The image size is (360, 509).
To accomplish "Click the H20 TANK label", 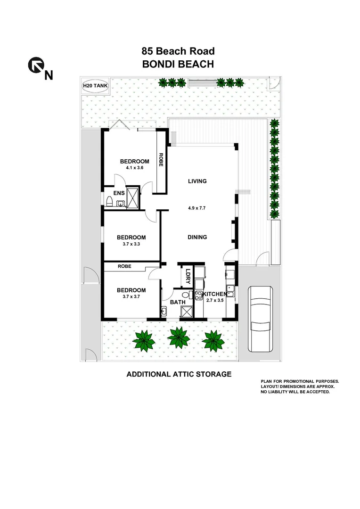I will coord(96,86).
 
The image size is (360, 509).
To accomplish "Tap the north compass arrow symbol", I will coord(37,67).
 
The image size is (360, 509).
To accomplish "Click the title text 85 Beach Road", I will coord(178,51).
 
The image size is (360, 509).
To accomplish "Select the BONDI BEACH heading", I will coord(178,64).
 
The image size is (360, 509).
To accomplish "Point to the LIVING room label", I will coord(197,181).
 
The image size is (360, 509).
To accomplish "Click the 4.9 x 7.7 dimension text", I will coord(197,206).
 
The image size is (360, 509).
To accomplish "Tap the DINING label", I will coord(197,238).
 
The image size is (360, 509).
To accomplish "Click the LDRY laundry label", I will coord(188,275).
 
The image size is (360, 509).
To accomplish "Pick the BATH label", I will coord(178,303).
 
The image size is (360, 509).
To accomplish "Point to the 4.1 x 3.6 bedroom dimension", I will coord(134,168).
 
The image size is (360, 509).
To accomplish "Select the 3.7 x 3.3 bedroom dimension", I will coord(131,244).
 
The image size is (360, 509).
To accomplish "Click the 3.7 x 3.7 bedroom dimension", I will coord(131,297).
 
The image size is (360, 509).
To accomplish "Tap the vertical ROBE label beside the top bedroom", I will coord(161,160).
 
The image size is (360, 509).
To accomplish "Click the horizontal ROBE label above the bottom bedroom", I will coord(124,267).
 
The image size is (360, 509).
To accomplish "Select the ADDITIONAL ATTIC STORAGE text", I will coord(179,374).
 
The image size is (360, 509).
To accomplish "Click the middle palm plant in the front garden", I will coord(179,338).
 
